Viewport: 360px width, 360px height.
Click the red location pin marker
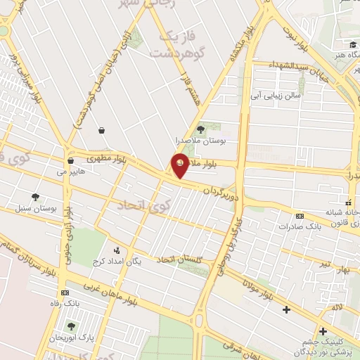coord(180,165)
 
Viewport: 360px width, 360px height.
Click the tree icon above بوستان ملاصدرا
coord(200,129)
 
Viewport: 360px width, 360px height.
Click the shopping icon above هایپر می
coord(71,160)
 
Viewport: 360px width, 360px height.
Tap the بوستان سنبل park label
coord(35,209)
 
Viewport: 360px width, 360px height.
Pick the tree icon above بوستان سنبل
coord(35,197)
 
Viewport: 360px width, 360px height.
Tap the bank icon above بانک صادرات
coord(300,217)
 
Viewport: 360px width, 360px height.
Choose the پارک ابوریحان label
coord(70,338)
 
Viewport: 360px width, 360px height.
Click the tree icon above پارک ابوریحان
coord(70,326)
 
